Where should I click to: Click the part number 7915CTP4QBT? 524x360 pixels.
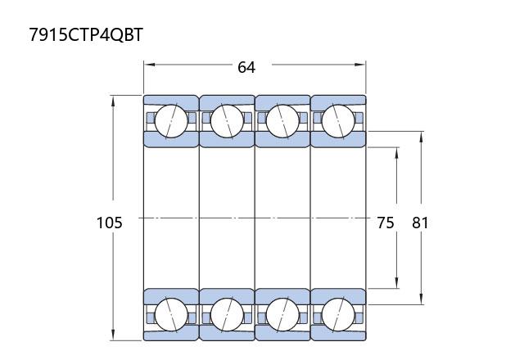coord(86,34)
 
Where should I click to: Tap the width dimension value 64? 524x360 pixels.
coord(246,67)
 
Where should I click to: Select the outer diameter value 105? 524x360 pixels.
coord(109,223)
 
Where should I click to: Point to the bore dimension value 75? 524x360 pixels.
coord(386,223)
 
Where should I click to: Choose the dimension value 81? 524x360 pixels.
coord(420,223)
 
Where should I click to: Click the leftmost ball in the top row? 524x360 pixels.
coord(171,122)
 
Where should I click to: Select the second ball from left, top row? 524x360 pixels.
coord(227,122)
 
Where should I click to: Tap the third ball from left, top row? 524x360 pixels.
coord(282,122)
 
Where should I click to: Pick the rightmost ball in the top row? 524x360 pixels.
coord(338,122)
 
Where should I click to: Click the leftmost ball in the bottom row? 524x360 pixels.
coord(171,314)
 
